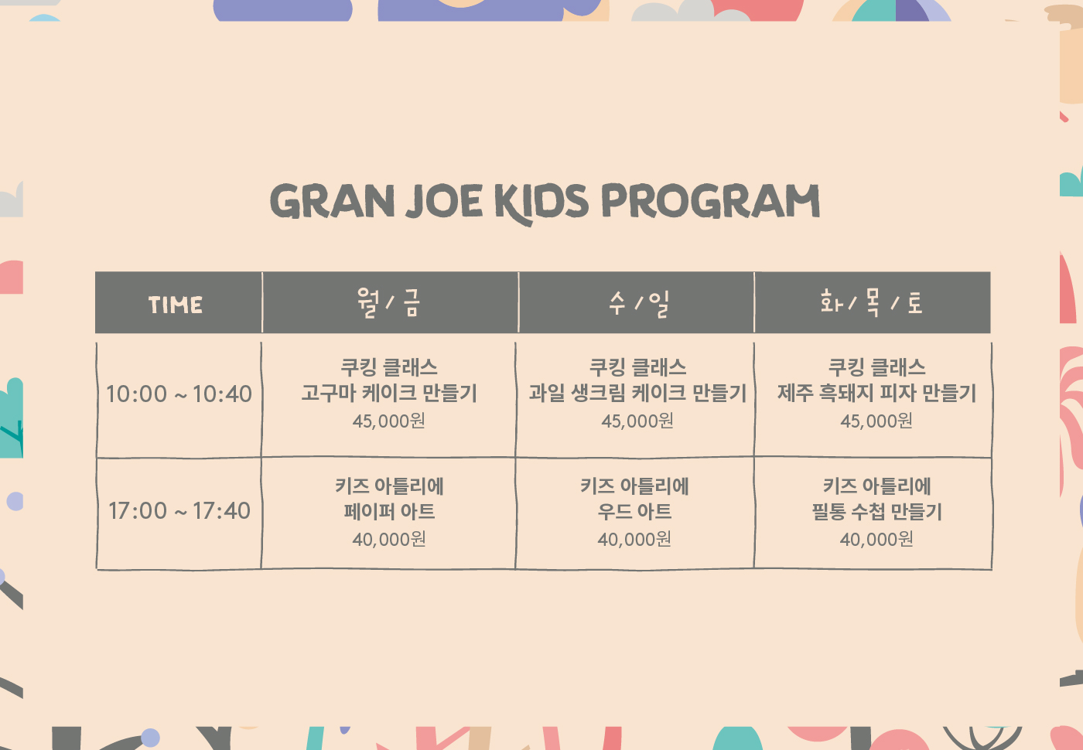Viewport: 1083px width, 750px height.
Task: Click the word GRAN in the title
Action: tap(332, 201)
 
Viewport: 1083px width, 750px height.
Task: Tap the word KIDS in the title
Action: tap(541, 203)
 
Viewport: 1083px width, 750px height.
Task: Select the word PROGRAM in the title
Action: tap(711, 200)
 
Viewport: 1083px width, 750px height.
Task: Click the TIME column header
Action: tap(176, 305)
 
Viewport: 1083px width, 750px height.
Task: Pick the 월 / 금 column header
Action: tap(388, 303)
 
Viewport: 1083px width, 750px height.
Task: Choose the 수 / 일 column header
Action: tap(638, 303)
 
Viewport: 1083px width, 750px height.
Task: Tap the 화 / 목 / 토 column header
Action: tap(871, 302)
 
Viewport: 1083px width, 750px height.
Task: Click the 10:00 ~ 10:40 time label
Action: tap(179, 394)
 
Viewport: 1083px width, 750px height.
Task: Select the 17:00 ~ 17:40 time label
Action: tap(179, 511)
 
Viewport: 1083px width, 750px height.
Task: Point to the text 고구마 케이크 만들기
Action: tap(389, 393)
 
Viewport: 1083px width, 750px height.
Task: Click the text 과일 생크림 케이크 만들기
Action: tap(637, 393)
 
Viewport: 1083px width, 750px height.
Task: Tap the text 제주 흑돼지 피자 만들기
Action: tap(876, 393)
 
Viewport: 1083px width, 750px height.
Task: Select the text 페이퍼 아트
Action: tap(389, 511)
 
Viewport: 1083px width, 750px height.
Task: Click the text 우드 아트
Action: tap(634, 511)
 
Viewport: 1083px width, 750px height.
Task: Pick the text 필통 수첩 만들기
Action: tap(876, 511)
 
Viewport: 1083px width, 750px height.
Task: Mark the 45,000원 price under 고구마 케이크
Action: tap(388, 421)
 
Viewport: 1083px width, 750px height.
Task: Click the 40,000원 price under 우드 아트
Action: tap(634, 539)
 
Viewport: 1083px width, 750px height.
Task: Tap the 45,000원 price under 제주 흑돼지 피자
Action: tap(876, 421)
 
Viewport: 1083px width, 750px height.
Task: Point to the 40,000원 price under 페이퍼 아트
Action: tap(389, 539)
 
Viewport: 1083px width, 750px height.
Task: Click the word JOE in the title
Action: tap(444, 201)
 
